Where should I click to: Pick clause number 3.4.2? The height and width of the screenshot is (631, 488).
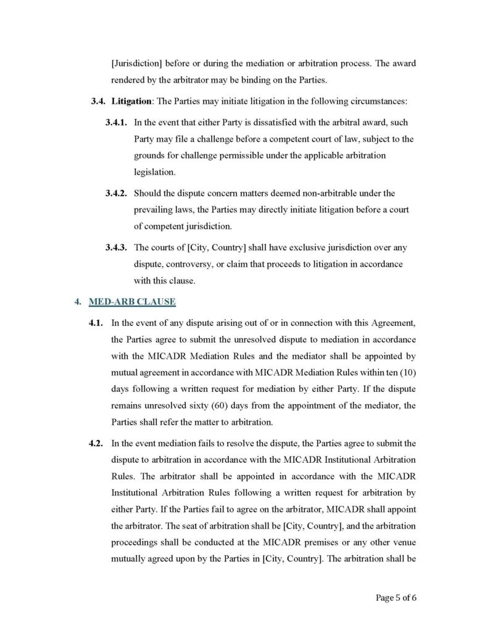click(117, 193)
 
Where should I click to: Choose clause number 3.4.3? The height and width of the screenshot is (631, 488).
click(117, 248)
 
